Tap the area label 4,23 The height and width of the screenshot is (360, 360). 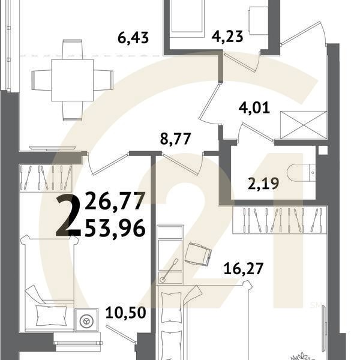pyautogui.click(x=229, y=38)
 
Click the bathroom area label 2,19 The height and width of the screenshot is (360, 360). pyautogui.click(x=263, y=183)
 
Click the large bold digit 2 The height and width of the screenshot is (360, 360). pyautogui.click(x=68, y=216)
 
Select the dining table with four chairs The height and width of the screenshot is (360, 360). pyautogui.click(x=73, y=78)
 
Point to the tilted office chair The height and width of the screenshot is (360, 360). pyautogui.click(x=198, y=254)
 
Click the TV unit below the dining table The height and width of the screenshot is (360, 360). pyautogui.click(x=52, y=147)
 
